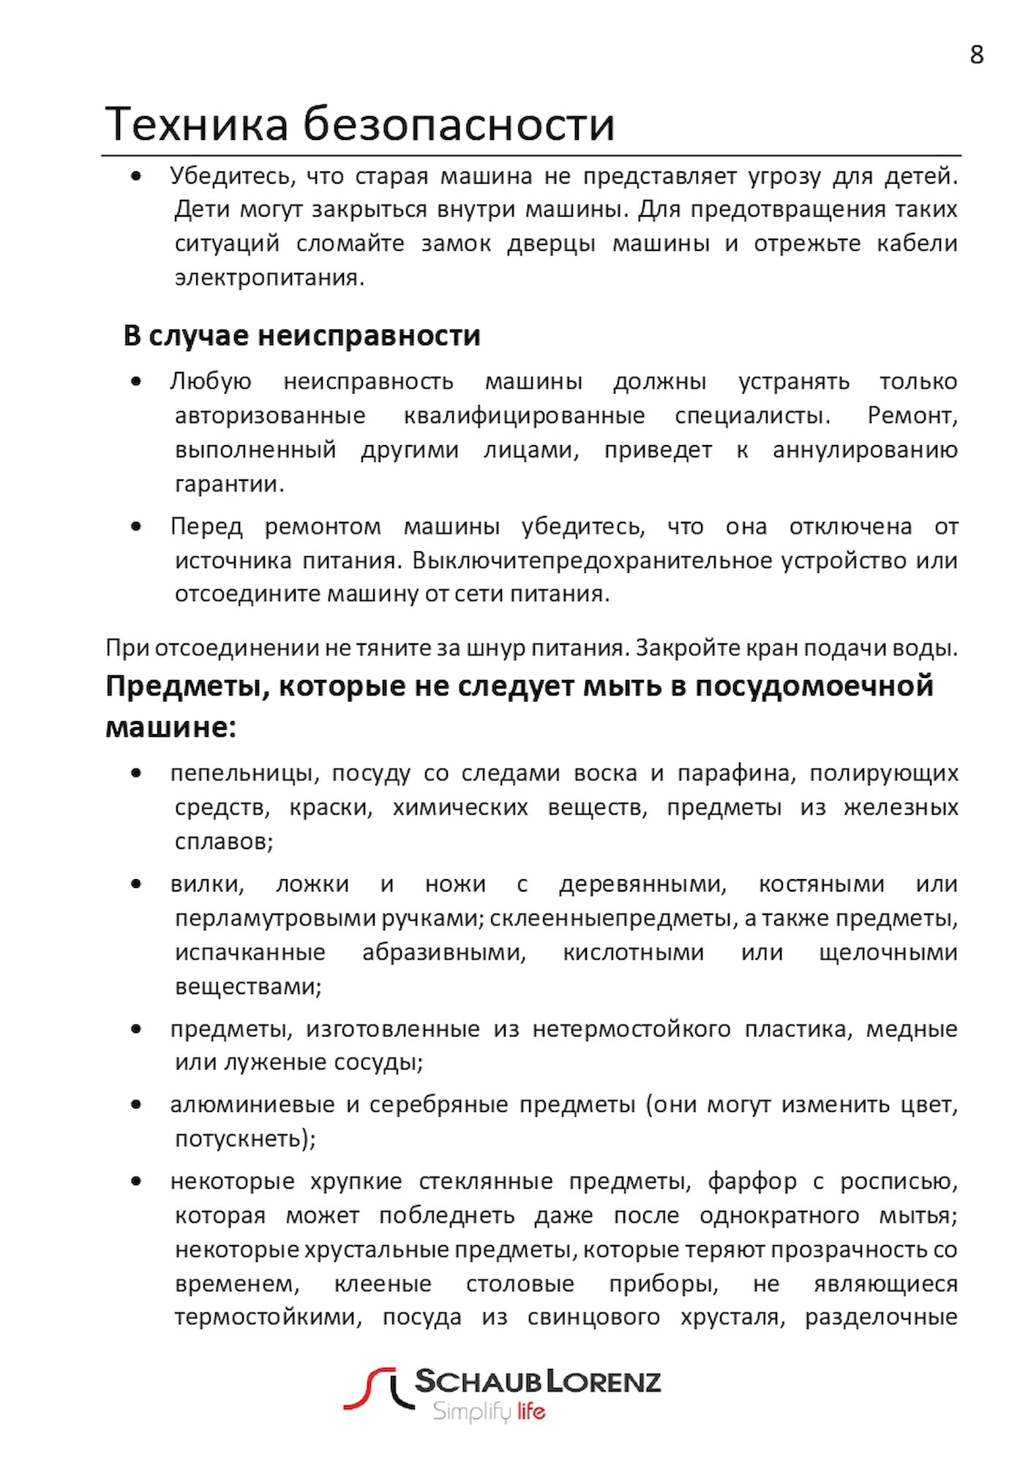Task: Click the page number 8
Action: point(976,55)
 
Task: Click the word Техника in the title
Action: point(197,124)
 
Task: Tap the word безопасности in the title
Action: point(459,124)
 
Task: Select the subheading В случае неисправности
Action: point(301,335)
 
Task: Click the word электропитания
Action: point(269,278)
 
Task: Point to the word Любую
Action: point(211,381)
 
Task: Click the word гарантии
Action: point(229,484)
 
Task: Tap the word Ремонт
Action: point(912,416)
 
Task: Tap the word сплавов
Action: point(223,842)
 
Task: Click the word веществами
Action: point(248,987)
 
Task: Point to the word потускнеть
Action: point(244,1138)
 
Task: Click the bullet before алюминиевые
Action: point(136,1105)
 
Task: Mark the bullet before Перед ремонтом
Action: point(136,526)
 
